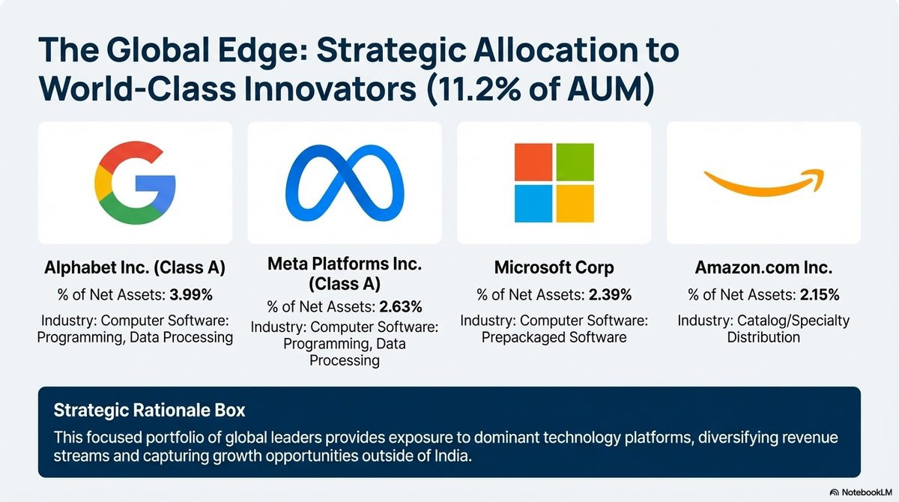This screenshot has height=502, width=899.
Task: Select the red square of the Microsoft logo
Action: (x=533, y=162)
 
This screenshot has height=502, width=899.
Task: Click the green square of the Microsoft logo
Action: (x=575, y=162)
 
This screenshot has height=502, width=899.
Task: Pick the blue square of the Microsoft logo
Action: (x=533, y=204)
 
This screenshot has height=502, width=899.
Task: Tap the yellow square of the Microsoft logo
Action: (x=575, y=204)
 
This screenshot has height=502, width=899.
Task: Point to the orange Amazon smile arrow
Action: (x=763, y=188)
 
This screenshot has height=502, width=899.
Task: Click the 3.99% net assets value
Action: (x=191, y=295)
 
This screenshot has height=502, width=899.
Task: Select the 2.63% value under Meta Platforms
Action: (x=401, y=307)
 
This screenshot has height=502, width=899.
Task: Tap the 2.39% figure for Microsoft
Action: (x=610, y=295)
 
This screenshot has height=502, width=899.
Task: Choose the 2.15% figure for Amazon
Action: (x=820, y=295)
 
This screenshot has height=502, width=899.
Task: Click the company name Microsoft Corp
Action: (x=554, y=267)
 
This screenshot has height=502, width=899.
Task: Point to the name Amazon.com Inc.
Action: (x=763, y=267)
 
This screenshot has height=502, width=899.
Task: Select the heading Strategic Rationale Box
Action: (x=149, y=410)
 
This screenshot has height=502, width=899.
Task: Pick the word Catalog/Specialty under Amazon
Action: (x=793, y=321)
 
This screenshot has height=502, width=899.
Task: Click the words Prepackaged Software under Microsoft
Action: (x=554, y=337)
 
